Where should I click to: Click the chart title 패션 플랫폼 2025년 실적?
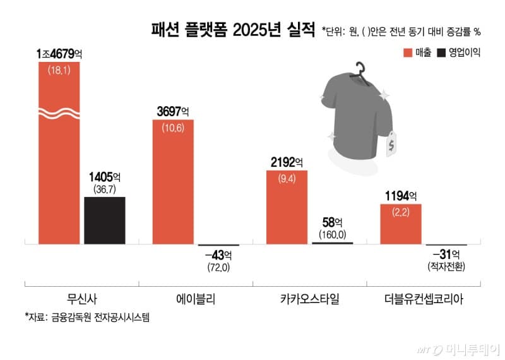click(x=232, y=30)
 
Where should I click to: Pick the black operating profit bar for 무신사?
click(x=105, y=220)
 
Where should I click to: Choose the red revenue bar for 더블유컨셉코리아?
click(x=400, y=224)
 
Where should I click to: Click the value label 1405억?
click(x=105, y=177)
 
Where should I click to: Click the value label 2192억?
click(x=287, y=162)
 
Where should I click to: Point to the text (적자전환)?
click(x=446, y=268)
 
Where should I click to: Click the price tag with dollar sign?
click(x=392, y=145)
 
